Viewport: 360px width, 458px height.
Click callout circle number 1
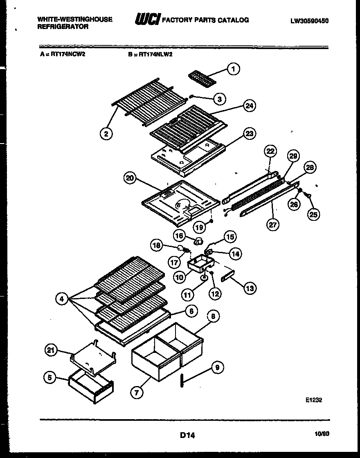(x=234, y=69)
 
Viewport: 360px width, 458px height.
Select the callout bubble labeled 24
(x=249, y=106)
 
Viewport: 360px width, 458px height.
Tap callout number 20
(x=130, y=178)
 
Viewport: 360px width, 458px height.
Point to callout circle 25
(x=314, y=214)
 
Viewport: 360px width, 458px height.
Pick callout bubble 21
(x=50, y=349)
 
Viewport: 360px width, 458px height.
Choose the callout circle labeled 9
(x=217, y=368)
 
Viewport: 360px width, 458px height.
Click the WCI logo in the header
(x=147, y=20)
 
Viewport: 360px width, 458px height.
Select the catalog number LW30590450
(x=309, y=20)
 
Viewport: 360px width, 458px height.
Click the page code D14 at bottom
(x=187, y=436)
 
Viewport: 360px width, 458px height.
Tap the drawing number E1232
(x=313, y=400)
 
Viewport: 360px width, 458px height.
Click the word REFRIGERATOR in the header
(x=63, y=27)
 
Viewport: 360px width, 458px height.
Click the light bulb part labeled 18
(x=180, y=248)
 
